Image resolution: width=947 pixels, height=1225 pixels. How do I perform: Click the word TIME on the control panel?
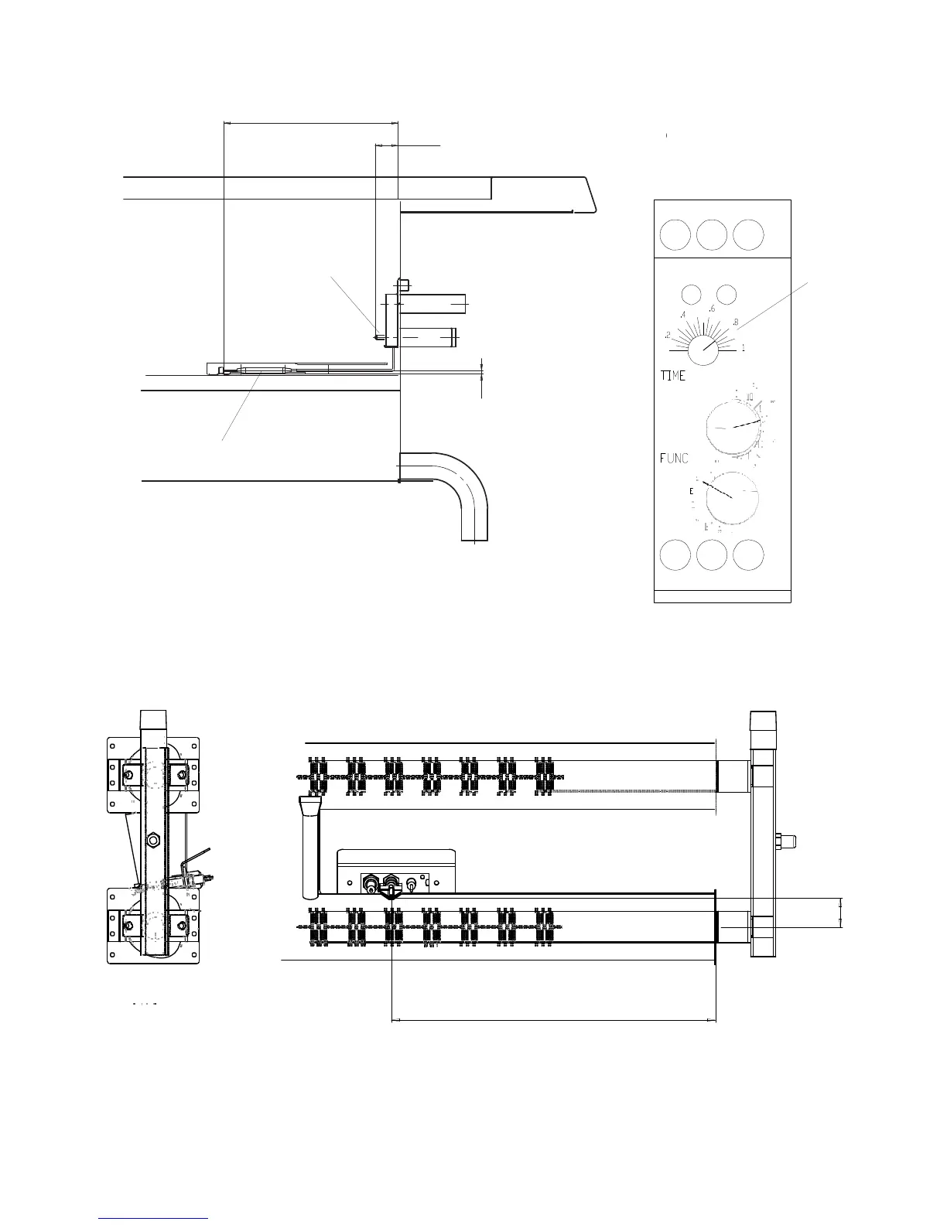[672, 376]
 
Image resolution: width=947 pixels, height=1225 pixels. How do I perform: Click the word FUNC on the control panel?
[673, 459]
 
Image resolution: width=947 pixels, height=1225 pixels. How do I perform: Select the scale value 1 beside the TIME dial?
[744, 348]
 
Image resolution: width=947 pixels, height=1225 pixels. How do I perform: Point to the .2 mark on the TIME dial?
[667, 336]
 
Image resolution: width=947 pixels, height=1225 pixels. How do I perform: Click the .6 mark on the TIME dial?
[712, 309]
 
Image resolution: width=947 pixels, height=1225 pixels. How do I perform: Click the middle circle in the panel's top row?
[711, 234]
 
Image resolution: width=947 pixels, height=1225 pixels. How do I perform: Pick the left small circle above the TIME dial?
[690, 294]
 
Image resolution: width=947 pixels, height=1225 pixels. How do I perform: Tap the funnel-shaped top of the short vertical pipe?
[309, 808]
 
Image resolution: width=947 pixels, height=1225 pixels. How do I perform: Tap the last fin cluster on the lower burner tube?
[545, 926]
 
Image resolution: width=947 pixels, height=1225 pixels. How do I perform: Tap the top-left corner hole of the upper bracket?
[113, 746]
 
